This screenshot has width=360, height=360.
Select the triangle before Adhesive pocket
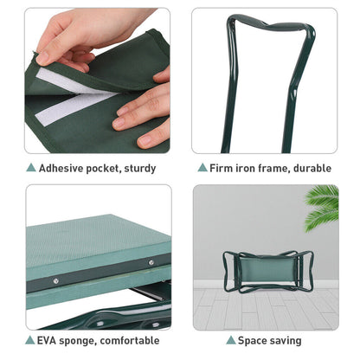click(x=31, y=167)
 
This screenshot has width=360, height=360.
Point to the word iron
click(x=250, y=167)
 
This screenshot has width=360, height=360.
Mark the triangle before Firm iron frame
click(x=202, y=167)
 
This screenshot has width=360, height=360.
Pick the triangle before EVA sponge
click(x=31, y=341)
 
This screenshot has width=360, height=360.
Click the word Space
click(x=254, y=341)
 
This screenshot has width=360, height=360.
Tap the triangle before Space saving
click(x=230, y=341)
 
